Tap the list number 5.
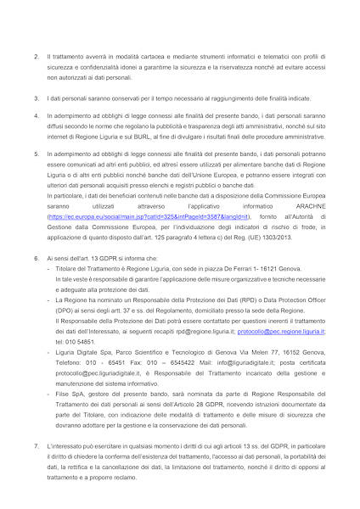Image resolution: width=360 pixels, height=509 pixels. tap(37, 154)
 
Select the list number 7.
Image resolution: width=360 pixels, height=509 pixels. tap(37, 445)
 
